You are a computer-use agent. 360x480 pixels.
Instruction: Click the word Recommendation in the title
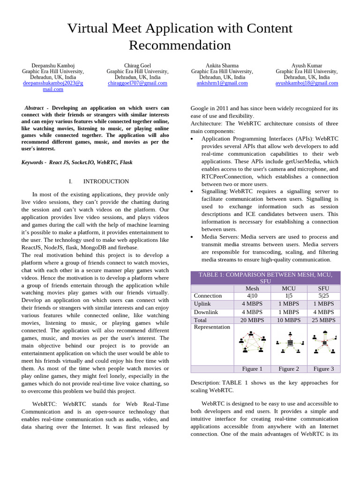point(180,45)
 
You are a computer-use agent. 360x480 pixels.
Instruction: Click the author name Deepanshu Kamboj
point(53,65)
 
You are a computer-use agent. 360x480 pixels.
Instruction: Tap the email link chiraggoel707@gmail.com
point(137,83)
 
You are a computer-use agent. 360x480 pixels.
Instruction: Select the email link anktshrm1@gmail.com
point(222,83)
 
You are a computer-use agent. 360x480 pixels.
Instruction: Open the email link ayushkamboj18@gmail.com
point(307,83)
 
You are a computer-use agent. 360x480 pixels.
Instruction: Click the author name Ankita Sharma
point(222,65)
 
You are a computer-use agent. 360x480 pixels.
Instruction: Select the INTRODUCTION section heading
point(105,181)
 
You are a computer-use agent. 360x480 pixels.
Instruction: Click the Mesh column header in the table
point(252,288)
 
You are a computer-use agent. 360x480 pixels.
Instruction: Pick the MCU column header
point(289,288)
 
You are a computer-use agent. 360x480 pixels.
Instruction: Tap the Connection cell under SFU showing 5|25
point(323,296)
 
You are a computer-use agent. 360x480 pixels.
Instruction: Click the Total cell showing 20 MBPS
point(252,320)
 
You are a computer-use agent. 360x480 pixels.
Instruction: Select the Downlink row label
point(206,312)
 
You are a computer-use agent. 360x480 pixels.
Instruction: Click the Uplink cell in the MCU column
point(289,304)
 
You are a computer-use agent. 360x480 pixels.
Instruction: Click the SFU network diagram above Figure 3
point(323,343)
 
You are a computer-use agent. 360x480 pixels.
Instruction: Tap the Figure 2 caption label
point(289,369)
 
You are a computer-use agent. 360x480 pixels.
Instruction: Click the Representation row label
point(212,327)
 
